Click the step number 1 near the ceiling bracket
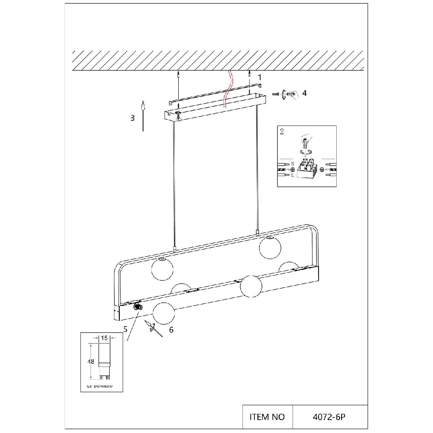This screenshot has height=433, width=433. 259,77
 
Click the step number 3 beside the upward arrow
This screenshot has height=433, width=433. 133,118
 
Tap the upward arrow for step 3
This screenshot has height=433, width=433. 143,115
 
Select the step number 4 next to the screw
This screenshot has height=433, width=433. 305,93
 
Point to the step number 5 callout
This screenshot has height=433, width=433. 126,329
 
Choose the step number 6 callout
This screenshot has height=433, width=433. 171,329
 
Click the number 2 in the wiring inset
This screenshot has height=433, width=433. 282,131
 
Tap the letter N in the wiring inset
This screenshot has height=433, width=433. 293,163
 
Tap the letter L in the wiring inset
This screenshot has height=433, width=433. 293,175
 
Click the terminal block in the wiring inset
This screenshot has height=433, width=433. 306,170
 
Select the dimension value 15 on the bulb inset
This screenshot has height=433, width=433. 104,338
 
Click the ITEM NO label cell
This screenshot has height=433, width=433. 267,417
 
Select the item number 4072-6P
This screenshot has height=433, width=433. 329,417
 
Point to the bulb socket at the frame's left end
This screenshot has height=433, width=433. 137,307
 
